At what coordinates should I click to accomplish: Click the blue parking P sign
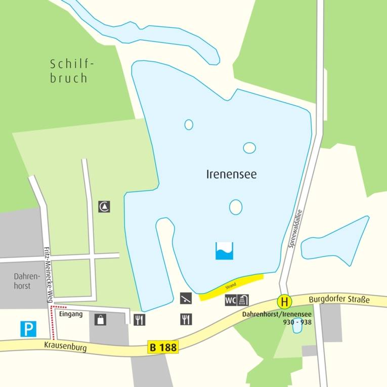pos(28,329)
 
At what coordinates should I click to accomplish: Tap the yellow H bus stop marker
pos(285,303)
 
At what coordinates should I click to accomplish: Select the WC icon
pos(231,300)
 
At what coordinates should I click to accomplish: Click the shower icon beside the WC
pos(243,300)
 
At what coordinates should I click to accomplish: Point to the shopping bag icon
pos(100,319)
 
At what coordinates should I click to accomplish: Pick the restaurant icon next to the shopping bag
pos(140,319)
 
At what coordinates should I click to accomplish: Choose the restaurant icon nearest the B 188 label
pos(186,319)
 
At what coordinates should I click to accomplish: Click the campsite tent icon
pos(104,206)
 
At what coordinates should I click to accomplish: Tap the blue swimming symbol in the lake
pos(224,251)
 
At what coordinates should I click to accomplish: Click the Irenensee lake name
pos(232,175)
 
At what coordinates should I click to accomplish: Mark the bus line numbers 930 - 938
pos(297,321)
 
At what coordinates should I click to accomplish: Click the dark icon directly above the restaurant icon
pos(186,298)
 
